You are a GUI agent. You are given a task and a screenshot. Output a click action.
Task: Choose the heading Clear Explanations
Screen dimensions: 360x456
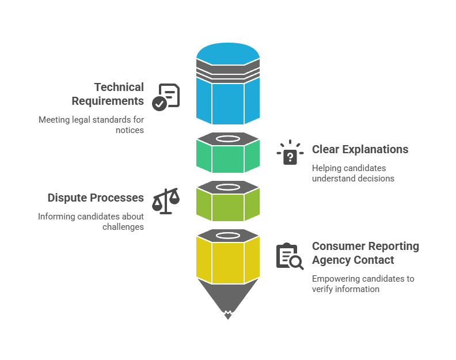(x=360, y=149)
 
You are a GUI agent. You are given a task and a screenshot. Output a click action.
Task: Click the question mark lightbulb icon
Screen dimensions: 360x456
(x=290, y=153)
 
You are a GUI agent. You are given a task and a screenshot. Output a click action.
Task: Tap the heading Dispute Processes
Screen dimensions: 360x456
(x=96, y=198)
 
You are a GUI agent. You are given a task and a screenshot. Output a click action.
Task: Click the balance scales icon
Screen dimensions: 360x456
(x=166, y=201)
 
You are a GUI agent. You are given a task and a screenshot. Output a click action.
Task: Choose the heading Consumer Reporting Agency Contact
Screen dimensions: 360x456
(x=365, y=253)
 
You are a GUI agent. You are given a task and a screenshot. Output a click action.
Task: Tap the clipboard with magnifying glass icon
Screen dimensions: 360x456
(x=290, y=256)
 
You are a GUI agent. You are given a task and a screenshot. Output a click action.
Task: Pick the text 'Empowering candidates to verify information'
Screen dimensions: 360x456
(x=363, y=284)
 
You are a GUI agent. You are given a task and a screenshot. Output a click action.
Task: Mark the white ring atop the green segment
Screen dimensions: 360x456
(x=228, y=139)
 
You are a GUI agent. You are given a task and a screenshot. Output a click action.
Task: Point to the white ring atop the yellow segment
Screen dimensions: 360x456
(x=228, y=235)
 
